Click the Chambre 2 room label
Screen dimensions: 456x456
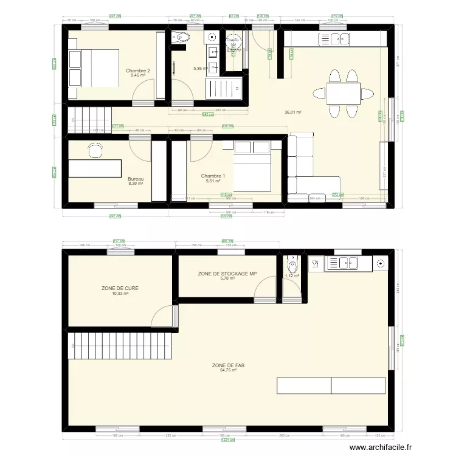138,71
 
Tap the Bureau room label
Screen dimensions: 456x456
136,178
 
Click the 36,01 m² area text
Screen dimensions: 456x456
293,112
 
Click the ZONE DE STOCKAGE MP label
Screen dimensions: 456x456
227,274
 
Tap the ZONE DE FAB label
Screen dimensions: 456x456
224,365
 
